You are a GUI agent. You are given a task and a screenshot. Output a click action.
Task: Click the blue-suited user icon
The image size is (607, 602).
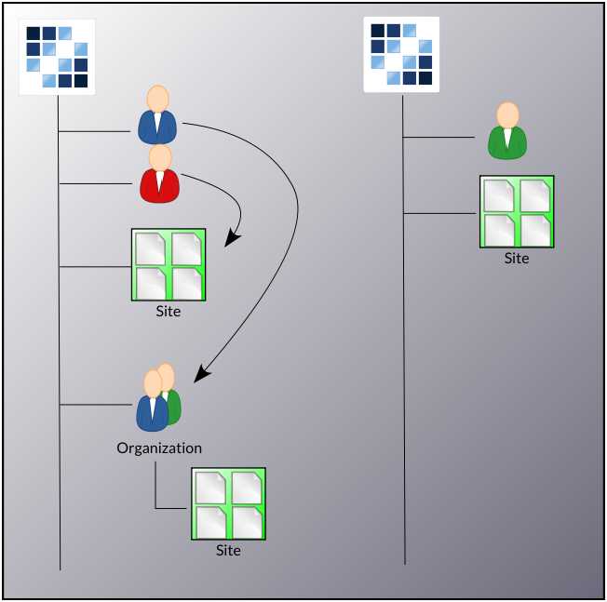pos(157,116)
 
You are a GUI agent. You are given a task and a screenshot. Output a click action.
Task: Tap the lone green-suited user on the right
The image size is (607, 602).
pos(507,131)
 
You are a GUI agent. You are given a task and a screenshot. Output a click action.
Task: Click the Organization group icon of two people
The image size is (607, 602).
pos(157,397)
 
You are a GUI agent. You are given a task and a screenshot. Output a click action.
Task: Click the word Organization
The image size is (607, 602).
pos(159,448)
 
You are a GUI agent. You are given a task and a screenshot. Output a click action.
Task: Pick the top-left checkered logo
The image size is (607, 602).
pos(57,57)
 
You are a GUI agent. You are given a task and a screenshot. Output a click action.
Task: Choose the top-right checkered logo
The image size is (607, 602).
pos(401,54)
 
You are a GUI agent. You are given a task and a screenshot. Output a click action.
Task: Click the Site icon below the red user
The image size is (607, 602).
pos(168,264)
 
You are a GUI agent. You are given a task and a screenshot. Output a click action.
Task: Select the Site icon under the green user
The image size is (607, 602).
pos(517,211)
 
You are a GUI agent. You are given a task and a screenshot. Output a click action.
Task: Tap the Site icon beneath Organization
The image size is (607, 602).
pos(228,503)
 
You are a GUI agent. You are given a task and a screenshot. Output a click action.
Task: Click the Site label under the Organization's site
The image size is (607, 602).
pos(228,551)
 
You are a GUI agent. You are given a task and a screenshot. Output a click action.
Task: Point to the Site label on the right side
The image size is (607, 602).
pos(517,259)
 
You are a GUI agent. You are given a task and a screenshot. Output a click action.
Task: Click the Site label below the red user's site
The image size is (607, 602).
pos(169,312)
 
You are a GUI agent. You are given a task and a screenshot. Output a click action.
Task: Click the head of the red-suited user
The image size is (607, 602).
pos(160,156)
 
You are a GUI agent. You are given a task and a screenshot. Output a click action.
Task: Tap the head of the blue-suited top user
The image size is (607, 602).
pos(157,98)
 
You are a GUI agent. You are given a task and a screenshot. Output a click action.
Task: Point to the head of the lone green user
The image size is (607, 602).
pos(507,114)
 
